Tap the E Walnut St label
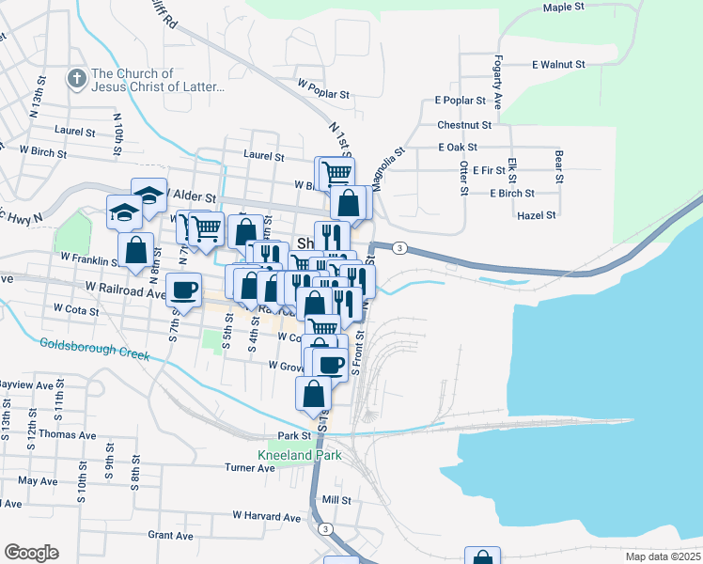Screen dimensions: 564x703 tap(558, 65)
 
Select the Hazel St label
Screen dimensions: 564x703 tap(538, 215)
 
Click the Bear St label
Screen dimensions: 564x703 tap(559, 164)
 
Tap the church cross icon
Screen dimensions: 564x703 tap(76, 80)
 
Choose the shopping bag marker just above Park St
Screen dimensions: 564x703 tap(313, 393)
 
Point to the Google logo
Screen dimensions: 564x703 tap(31, 553)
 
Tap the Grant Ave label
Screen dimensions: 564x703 tap(170, 536)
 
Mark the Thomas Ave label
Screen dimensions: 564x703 tap(74, 435)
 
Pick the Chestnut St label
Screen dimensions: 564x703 tap(464, 124)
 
